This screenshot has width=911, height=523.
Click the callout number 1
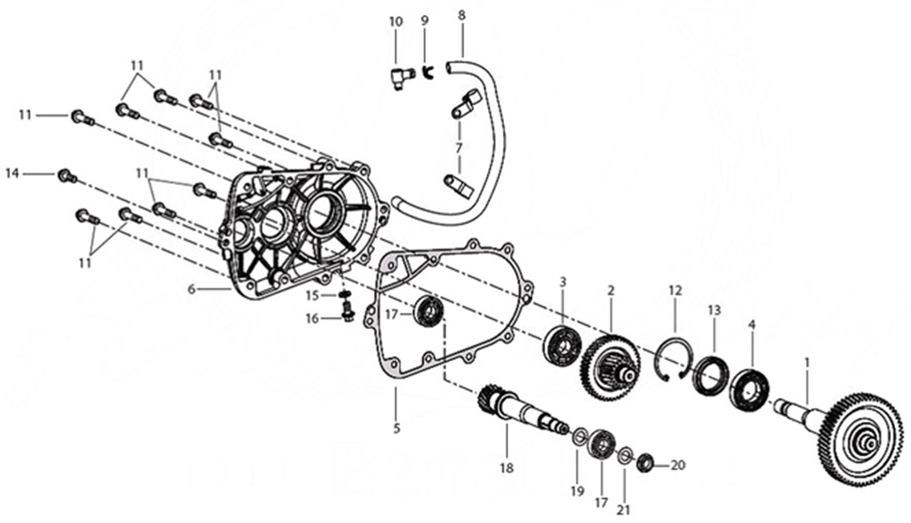point(807,363)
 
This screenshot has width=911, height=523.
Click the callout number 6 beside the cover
point(191,288)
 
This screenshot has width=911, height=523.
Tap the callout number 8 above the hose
point(462,15)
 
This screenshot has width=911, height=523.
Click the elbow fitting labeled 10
point(397,78)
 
